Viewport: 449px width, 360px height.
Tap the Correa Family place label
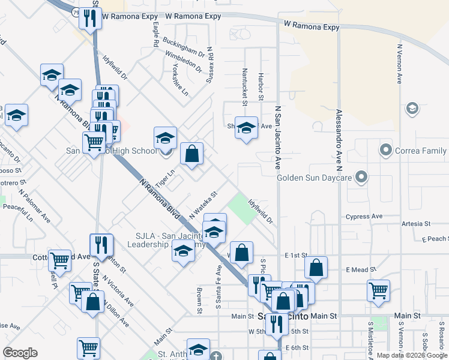click(420, 150)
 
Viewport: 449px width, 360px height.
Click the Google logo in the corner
click(20, 353)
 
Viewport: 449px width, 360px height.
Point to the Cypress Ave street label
click(364, 216)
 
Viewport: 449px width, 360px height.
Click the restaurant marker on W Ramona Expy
click(90, 19)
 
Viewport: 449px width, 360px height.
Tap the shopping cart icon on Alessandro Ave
click(378, 291)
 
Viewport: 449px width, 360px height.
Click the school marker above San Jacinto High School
click(165, 139)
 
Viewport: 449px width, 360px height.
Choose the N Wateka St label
click(202, 205)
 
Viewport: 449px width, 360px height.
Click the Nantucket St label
click(245, 83)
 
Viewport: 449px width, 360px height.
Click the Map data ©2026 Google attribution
click(412, 355)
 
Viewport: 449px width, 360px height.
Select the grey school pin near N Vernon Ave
click(412, 108)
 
